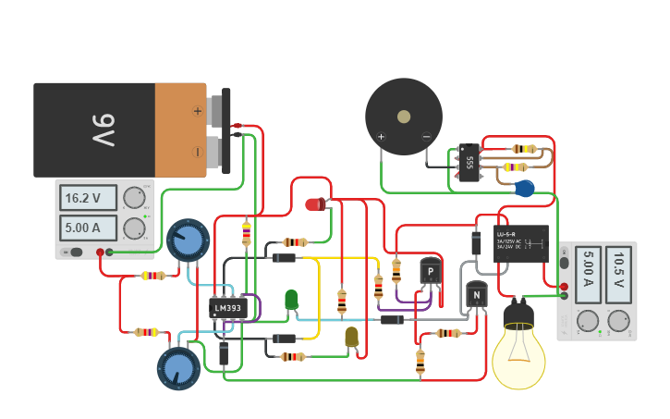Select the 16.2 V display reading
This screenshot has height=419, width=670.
89,198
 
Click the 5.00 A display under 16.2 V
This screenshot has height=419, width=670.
89,228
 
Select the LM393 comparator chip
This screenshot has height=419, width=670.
227,307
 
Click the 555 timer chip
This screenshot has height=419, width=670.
469,162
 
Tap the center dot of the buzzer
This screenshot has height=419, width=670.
404,117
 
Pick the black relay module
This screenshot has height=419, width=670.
520,244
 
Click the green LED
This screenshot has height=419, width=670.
291,300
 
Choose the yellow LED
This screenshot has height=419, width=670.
351,337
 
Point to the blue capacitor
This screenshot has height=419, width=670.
524,189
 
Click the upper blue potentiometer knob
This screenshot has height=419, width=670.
189,240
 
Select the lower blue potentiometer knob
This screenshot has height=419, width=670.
179,369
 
